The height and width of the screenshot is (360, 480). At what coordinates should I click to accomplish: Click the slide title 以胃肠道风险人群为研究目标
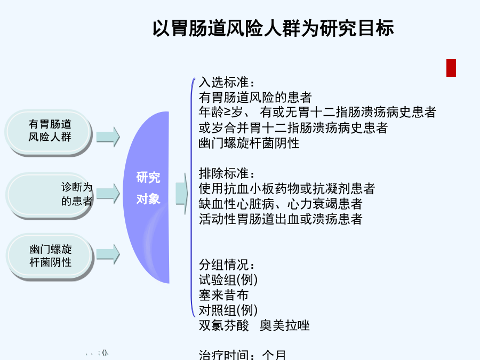pyautogui.click(x=273, y=28)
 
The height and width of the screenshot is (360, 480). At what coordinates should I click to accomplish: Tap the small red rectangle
pyautogui.click(x=451, y=68)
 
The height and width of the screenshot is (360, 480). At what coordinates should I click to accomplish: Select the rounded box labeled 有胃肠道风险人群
pyautogui.click(x=49, y=133)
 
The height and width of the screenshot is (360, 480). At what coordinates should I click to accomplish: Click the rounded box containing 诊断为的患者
pyautogui.click(x=49, y=196)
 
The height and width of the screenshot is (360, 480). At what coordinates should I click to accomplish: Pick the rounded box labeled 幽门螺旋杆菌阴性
pyautogui.click(x=50, y=257)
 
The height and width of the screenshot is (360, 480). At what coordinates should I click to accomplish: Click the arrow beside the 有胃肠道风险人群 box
pyautogui.click(x=108, y=137)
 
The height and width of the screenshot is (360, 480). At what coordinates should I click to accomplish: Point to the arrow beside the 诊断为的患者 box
pyautogui.click(x=108, y=194)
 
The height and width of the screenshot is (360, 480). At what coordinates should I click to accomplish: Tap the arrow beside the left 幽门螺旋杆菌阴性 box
pyautogui.click(x=108, y=254)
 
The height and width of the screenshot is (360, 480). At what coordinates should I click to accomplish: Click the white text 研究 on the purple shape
pyautogui.click(x=148, y=178)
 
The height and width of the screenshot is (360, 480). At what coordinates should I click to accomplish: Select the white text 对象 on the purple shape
pyautogui.click(x=148, y=199)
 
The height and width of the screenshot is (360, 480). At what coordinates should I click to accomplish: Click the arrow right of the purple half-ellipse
pyautogui.click(x=182, y=194)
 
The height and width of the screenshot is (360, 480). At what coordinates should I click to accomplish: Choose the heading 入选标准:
pyautogui.click(x=227, y=82)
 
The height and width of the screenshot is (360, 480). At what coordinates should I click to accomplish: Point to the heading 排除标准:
pyautogui.click(x=227, y=173)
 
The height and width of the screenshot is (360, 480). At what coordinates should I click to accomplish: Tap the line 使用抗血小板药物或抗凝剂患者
pyautogui.click(x=287, y=189)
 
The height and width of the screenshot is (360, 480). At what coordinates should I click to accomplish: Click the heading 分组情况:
pyautogui.click(x=227, y=265)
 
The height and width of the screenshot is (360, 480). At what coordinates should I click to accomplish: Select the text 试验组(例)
pyautogui.click(x=228, y=280)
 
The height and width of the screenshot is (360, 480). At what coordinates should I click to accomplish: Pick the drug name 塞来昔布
pyautogui.click(x=223, y=295)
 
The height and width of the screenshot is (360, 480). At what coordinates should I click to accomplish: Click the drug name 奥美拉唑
pyautogui.click(x=285, y=325)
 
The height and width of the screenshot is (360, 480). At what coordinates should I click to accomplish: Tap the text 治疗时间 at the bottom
pyautogui.click(x=223, y=355)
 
